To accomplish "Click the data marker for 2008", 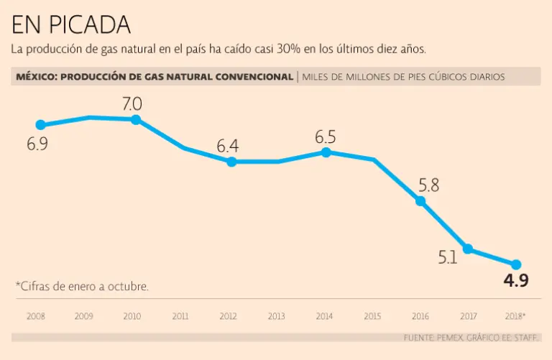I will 40,124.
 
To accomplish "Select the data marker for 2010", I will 136,119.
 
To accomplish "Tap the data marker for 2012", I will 231,162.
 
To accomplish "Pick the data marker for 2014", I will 326,152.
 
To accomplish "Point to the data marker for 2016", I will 421,201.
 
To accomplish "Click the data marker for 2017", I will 468,249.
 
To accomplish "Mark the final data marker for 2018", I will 515,264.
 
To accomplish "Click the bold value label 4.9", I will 515,281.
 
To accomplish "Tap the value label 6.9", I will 37,144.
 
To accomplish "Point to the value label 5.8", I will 428,185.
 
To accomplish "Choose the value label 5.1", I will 448,257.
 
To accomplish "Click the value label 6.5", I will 326,137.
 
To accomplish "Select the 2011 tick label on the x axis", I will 180,315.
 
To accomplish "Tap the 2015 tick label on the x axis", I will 372,315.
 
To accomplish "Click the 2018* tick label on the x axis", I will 515,315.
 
